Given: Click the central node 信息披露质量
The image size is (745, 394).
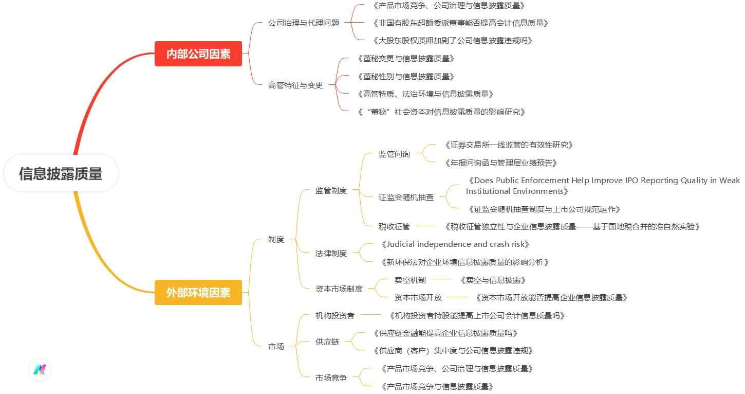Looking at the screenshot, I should click(61, 174).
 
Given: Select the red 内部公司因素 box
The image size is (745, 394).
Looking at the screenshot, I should click(198, 53).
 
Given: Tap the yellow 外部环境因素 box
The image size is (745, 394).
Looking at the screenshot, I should click(198, 293).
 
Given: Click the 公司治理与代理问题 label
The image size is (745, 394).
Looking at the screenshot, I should click(304, 23).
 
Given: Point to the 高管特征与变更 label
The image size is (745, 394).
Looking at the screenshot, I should click(296, 85).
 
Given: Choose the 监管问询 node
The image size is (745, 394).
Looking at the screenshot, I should click(394, 154).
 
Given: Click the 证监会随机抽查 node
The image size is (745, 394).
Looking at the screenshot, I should click(406, 197).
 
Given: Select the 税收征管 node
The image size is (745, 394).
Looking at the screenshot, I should click(394, 226).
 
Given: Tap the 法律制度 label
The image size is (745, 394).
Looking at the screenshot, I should click(331, 253).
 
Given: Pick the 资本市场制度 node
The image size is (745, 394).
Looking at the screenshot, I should click(339, 289).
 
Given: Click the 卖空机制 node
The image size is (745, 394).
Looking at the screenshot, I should click(410, 280).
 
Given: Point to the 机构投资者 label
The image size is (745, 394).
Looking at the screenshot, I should click(334, 315).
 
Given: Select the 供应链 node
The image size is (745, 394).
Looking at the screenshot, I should click(327, 342).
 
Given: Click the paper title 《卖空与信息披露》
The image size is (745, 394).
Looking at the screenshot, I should click(493, 280).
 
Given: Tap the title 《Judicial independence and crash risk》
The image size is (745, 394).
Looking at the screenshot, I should click(454, 244).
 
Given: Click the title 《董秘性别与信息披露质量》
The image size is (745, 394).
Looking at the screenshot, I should click(406, 77).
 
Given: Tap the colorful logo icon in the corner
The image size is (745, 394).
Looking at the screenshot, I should click(40, 369).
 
